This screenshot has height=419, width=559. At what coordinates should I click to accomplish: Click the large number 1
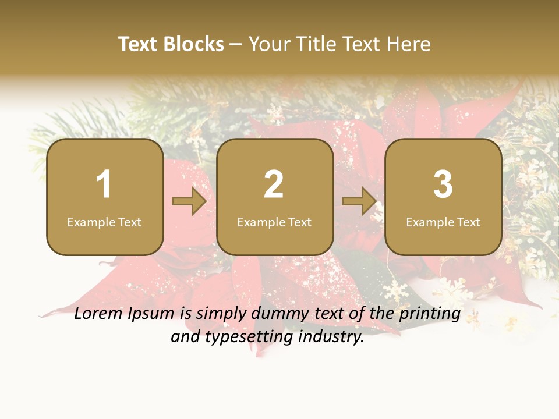pos(104,184)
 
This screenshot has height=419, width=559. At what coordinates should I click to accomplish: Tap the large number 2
pos(274,184)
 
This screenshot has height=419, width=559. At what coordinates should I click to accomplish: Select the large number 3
pos(443,184)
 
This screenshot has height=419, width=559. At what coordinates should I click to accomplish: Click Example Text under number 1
pos(104,222)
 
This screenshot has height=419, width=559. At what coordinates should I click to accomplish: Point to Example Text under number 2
pos(274,222)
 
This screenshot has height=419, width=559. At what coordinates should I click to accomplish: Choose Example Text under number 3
pos(443,222)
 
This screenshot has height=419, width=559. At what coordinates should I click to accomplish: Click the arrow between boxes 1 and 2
pos(189,201)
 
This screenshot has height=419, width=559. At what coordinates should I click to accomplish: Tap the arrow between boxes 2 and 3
pos(359,201)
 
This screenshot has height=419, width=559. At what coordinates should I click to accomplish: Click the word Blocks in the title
pos(194,44)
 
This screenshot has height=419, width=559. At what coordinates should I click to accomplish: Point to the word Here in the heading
pos(409,44)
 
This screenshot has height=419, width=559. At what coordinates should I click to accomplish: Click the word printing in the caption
pos(430,314)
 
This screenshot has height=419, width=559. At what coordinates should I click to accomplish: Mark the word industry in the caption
pos(331,336)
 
